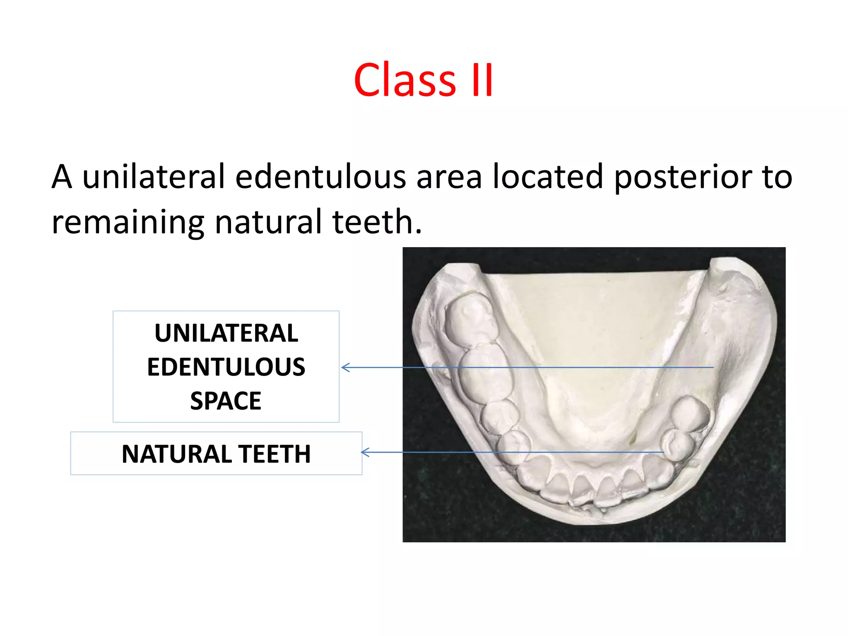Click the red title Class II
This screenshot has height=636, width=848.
click(x=423, y=80)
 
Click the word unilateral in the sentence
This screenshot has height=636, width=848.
click(x=153, y=177)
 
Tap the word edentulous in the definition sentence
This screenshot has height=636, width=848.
click(x=320, y=177)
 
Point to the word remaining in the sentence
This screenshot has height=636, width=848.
click(x=128, y=222)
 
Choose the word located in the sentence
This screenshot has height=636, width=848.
click(x=547, y=177)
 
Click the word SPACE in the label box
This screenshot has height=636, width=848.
click(x=226, y=401)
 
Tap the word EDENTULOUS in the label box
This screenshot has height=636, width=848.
click(x=226, y=367)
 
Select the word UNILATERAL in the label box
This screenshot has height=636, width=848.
click(x=226, y=333)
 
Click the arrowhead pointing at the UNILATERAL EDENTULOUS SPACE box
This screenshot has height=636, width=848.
click(x=345, y=367)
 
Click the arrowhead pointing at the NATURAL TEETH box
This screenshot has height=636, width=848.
click(x=364, y=452)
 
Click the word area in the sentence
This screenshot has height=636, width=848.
click(x=449, y=177)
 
